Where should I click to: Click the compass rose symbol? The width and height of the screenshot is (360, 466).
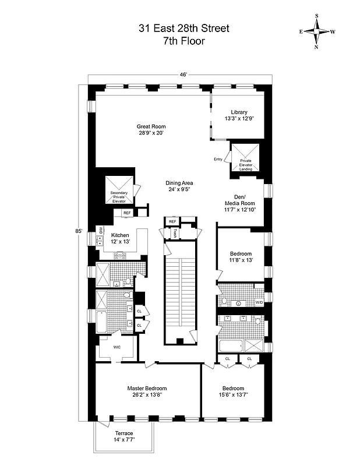(317, 31)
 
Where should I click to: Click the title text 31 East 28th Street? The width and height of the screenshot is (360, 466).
(179, 27)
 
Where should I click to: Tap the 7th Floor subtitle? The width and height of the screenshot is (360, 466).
(179, 41)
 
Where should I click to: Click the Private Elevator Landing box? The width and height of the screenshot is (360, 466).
(245, 157)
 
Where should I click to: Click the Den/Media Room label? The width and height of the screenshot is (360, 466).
(239, 204)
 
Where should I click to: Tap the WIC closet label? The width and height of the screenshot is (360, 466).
(117, 347)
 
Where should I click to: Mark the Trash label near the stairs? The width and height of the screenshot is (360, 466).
(174, 233)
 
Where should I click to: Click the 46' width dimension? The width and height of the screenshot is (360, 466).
(183, 75)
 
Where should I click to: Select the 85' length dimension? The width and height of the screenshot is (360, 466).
(79, 231)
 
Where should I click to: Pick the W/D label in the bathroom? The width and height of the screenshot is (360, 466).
(259, 303)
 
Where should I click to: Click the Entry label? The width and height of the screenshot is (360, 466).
(218, 159)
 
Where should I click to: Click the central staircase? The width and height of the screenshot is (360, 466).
(179, 291)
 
